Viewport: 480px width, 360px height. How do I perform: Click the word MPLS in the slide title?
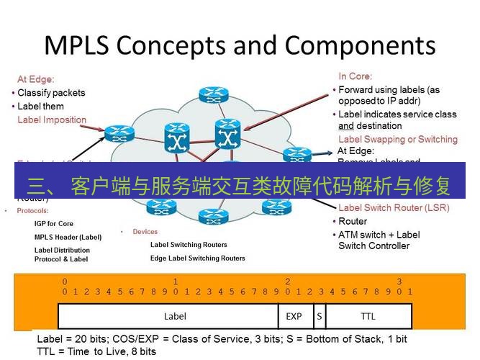point(76,45)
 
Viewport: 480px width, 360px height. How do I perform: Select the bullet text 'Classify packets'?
point(51,93)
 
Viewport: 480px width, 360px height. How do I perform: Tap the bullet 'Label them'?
point(40,107)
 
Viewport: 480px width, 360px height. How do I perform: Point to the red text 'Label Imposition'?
point(52,120)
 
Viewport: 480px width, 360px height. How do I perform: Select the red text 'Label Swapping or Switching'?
point(397,139)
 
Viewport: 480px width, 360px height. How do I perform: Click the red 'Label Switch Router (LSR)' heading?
point(393,208)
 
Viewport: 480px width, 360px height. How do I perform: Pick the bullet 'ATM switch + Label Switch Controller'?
point(379,240)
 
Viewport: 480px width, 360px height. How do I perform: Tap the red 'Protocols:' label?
point(32,211)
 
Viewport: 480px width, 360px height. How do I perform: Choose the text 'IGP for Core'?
point(54,224)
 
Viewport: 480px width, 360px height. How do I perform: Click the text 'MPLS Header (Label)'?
point(68,237)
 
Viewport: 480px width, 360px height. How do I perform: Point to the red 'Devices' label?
point(145,232)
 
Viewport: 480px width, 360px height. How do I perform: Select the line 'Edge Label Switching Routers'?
point(197,258)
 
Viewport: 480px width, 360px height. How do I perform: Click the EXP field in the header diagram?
point(294,316)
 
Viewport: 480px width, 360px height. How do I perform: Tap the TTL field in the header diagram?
point(368,316)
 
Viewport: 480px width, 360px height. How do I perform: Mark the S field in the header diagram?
point(318,316)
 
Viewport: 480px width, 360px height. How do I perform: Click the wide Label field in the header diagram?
point(175,316)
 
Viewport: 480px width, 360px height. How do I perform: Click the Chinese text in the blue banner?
point(239,187)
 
